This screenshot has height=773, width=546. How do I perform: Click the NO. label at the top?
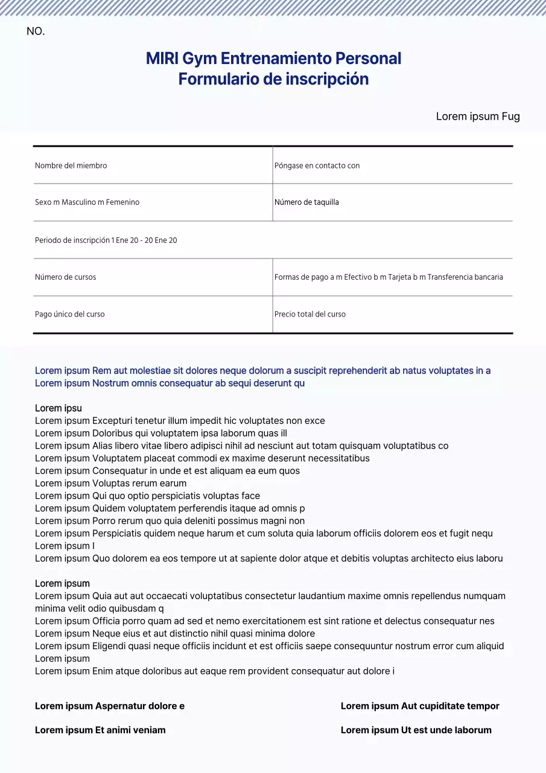point(36,31)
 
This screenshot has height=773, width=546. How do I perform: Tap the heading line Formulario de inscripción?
point(273,79)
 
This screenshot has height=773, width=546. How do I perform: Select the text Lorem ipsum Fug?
point(477,117)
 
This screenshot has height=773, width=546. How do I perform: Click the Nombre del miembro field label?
point(71,165)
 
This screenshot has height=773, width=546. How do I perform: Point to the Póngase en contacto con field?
point(317,165)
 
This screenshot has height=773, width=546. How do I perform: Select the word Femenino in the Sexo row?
point(122,202)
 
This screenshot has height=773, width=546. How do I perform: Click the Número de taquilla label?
point(306,202)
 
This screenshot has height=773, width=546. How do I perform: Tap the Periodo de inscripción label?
point(72,240)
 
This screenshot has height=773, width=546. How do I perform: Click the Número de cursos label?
point(65,277)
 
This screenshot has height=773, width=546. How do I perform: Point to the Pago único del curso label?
point(69,314)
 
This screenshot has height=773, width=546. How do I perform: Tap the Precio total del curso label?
point(310,314)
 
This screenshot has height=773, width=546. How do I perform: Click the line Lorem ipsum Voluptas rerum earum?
point(110,483)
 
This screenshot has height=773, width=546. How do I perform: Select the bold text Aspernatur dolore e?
point(140,706)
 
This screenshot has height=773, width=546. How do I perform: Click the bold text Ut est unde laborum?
point(446,730)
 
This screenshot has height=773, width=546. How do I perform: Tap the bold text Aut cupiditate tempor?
point(450,706)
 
